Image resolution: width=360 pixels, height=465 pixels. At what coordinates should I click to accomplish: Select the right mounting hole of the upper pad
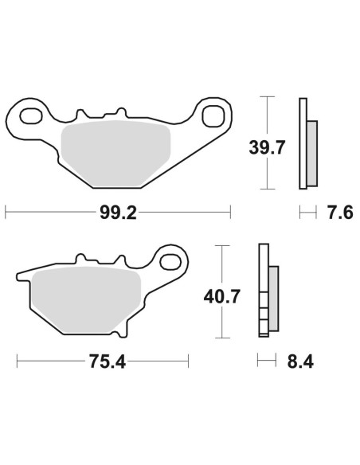coord(213,116)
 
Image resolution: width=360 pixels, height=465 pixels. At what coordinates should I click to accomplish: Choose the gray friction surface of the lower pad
coord(84,300)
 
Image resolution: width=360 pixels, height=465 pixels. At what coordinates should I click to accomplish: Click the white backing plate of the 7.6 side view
coord(303,143)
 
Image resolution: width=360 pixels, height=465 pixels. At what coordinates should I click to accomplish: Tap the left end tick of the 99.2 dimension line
coord(6,213)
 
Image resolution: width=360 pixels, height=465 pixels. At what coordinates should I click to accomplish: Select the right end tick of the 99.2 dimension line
coord(230,213)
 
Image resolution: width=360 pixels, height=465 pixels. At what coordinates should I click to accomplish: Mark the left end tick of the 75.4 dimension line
coord(17,362)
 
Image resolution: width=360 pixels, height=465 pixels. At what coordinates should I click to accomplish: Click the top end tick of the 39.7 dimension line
coord(268,97)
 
